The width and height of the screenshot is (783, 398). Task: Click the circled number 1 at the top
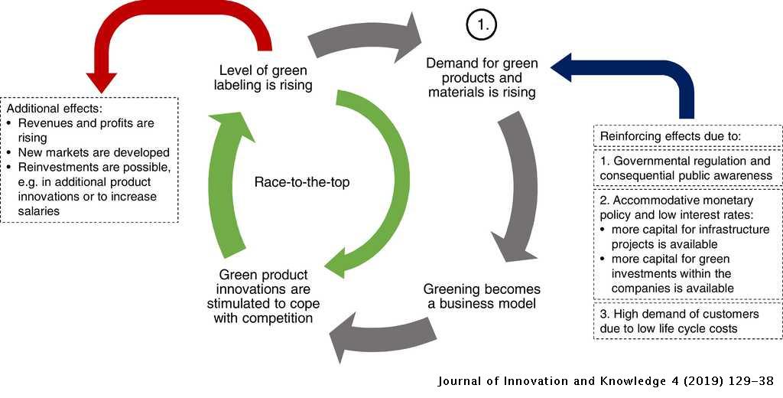tap(482, 25)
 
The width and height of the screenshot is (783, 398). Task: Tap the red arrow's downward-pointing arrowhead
tap(102, 82)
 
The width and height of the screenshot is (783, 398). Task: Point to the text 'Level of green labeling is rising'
tap(263, 77)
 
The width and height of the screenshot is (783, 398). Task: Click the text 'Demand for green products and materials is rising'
tap(481, 77)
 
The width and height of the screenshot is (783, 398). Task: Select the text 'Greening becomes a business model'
tap(482, 296)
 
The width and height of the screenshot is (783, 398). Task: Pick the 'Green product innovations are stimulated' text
tap(264, 297)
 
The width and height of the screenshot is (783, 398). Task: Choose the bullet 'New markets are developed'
tap(93, 153)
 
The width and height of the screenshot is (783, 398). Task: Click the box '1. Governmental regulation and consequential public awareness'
tap(686, 168)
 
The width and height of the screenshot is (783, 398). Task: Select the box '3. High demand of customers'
tap(686, 321)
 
